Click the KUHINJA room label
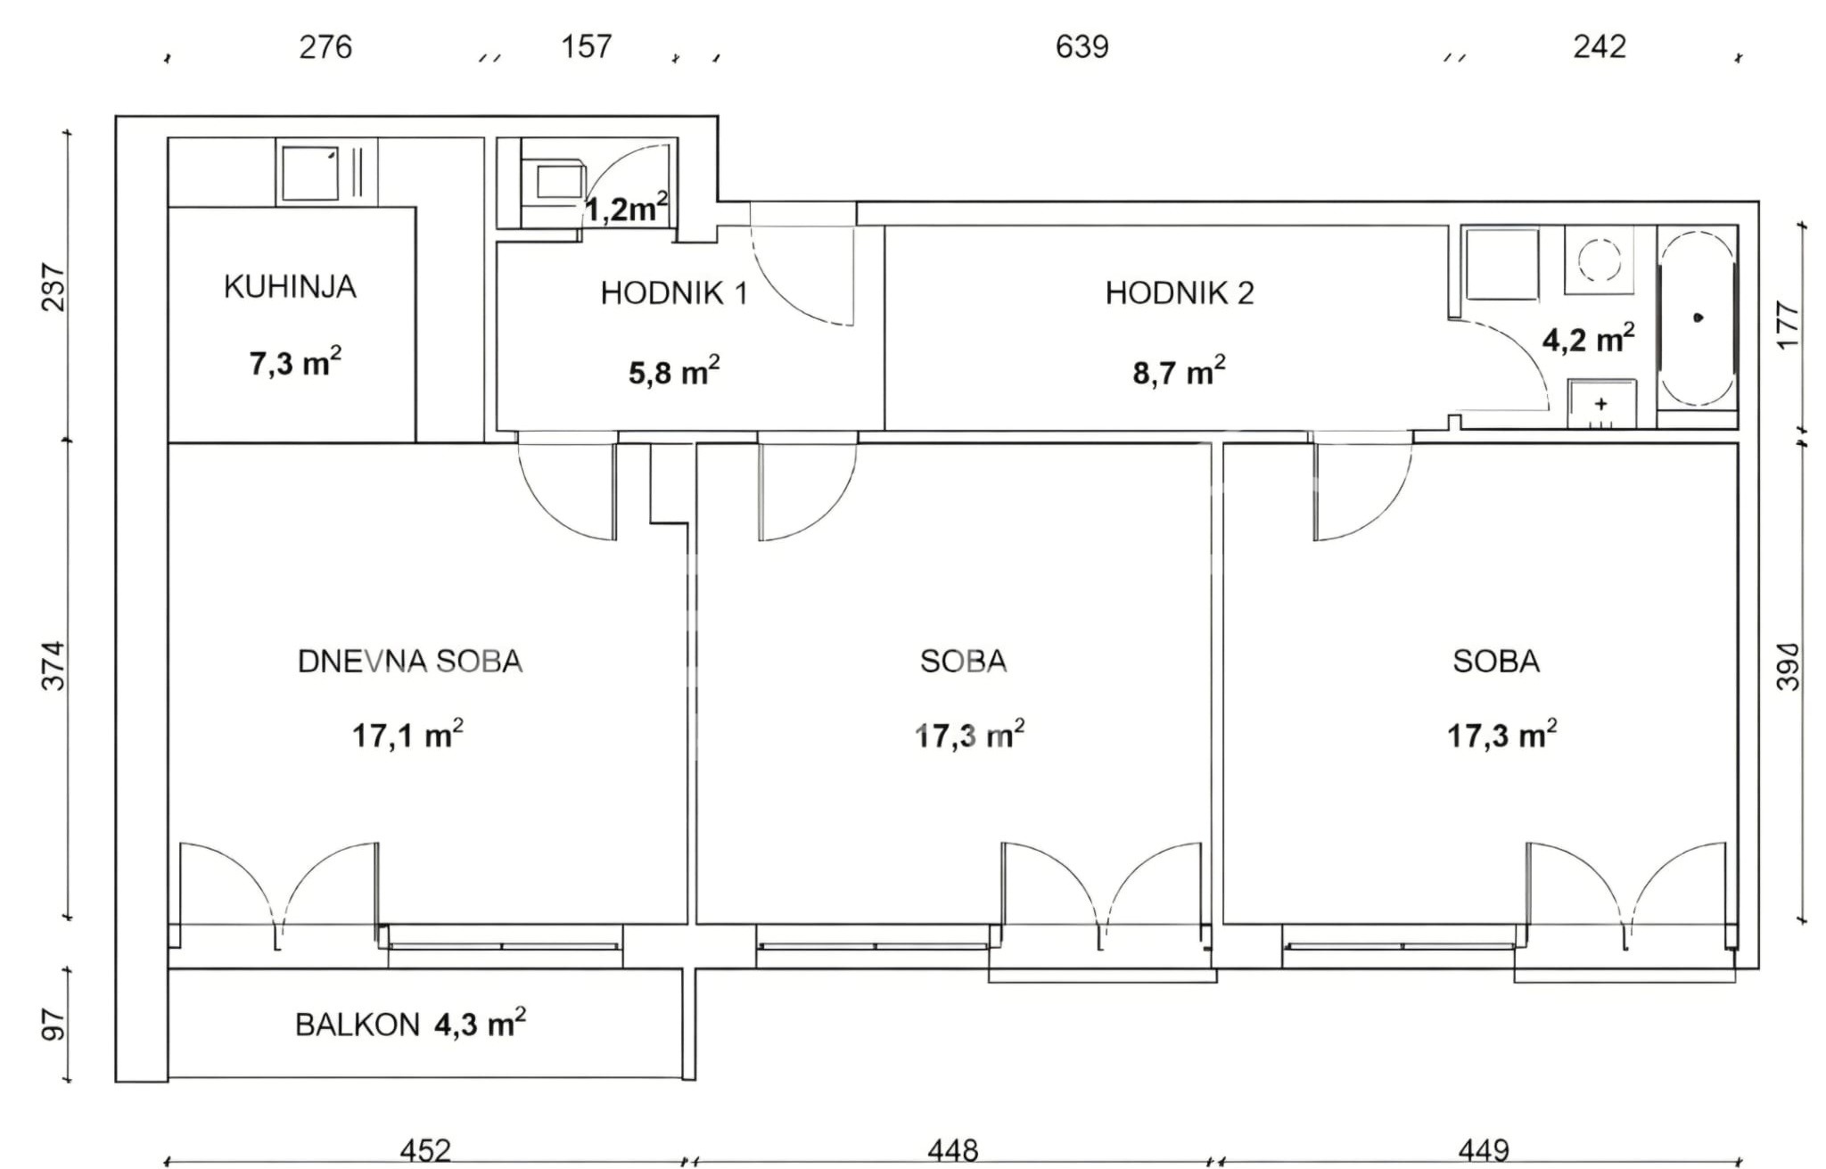[290, 287]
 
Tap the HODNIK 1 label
[674, 293]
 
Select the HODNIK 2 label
[1180, 293]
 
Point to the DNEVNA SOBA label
[410, 662]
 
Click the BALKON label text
[358, 1025]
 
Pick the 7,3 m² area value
[295, 362]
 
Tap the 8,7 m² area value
[1179, 370]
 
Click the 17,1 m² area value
[407, 734]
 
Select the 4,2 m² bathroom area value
[1589, 338]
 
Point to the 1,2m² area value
[626, 208]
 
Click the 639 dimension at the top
[1082, 46]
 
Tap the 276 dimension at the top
[325, 46]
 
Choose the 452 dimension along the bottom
[425, 1151]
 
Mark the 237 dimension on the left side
[54, 286]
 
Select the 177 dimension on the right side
[1789, 325]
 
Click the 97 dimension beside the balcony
[54, 1025]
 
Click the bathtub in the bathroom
[1698, 317]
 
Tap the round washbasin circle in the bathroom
[1600, 259]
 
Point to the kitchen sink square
[310, 173]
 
